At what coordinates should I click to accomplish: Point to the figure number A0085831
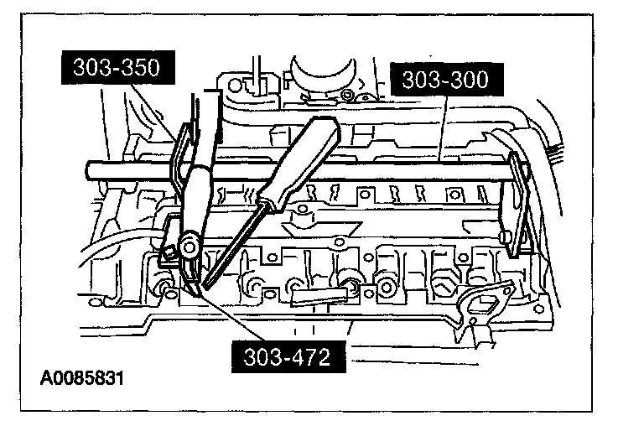[82, 378]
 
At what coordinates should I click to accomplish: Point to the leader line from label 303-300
[442, 126]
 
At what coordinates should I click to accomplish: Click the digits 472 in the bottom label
[303, 357]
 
